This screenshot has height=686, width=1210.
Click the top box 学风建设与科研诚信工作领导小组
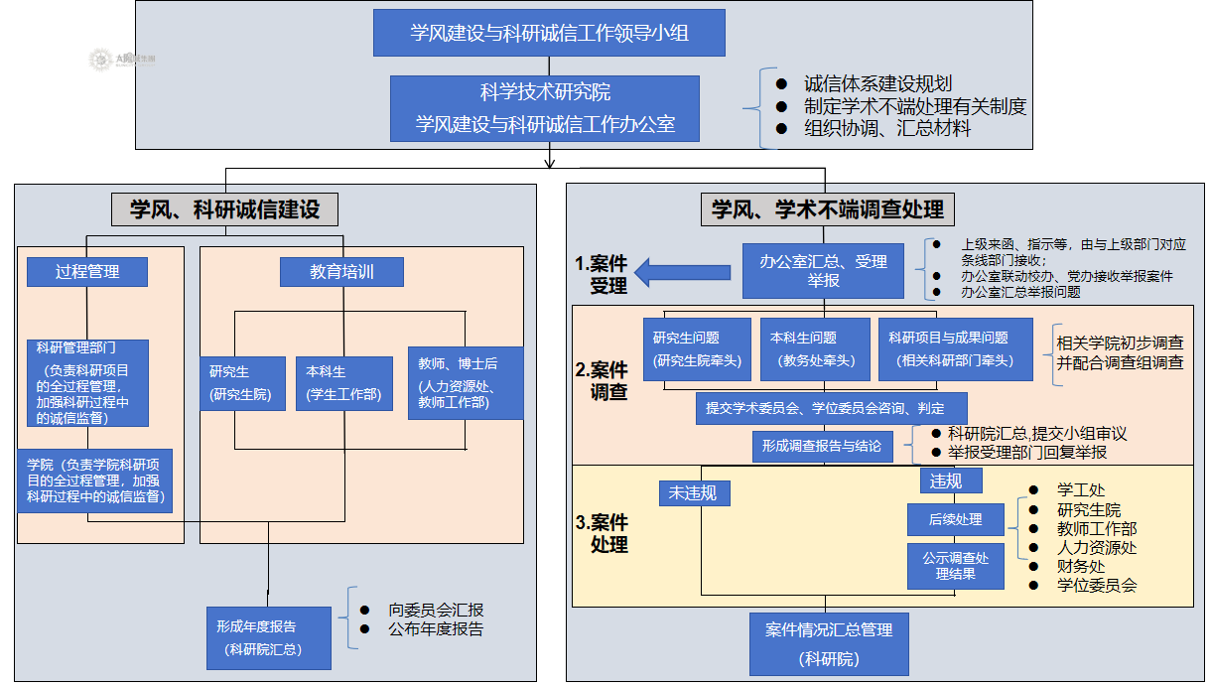pos(549,33)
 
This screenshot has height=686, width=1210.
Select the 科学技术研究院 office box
pos(545,108)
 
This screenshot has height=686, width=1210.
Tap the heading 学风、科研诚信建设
pos(225,209)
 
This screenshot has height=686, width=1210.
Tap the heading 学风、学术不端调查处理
pos(827,209)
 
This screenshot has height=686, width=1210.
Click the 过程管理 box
pos(87,271)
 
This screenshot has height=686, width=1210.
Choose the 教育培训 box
pos(341,271)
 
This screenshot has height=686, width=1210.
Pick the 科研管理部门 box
pos(88,383)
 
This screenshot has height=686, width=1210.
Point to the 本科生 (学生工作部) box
pos(343,384)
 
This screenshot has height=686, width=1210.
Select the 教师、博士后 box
pos(465,382)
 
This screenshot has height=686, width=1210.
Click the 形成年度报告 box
pos(268,638)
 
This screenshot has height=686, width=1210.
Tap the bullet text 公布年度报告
pos(436,628)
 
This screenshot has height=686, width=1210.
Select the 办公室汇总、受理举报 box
pos(823,271)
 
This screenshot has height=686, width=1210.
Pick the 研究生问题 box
pos(697,349)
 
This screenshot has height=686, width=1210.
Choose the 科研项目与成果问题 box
pos(955,349)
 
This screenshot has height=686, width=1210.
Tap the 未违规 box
pos(692,492)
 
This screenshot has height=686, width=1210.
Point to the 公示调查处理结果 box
pos(955,566)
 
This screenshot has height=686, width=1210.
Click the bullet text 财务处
pos(1081,566)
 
